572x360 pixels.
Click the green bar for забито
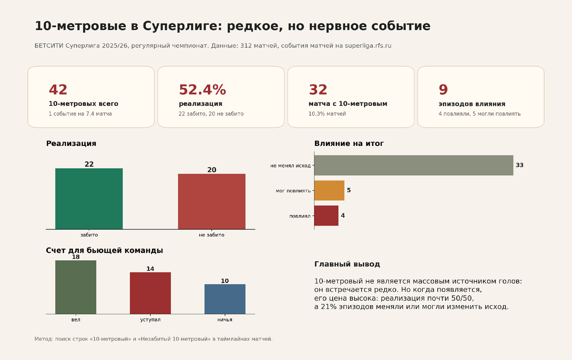coord(89,198)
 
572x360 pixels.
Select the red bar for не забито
coord(212,201)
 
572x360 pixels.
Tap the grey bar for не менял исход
coord(414,165)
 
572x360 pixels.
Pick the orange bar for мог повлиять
coord(329,190)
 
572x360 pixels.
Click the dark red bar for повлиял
coord(326,216)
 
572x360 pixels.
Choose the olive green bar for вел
coord(76,287)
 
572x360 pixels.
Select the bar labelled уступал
coord(151,293)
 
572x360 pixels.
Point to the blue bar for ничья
coord(225,299)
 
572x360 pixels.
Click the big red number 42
coord(58,90)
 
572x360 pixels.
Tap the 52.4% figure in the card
coord(202,90)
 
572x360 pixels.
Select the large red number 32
coord(318,90)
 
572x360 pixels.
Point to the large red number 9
coord(443,90)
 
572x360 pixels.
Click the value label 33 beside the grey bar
coord(520,165)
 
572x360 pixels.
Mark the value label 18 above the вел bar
coord(76,257)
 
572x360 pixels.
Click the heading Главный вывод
coord(347,264)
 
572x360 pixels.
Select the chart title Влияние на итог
coord(349,144)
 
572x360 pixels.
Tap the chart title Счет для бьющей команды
coord(104,250)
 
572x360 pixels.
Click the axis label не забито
coord(212,235)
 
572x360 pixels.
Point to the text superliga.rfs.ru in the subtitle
coord(368,46)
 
